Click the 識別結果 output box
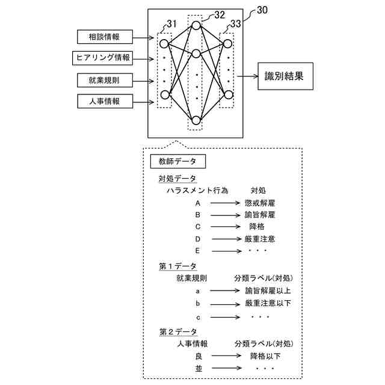pos(285,76)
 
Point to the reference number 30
pos(262,10)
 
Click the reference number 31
pos(171,24)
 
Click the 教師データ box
pos(177,161)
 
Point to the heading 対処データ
pos(177,179)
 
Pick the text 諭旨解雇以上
pos(268,291)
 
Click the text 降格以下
pos(265,356)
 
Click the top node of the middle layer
pos(196,25)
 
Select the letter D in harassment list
pos(197,239)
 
